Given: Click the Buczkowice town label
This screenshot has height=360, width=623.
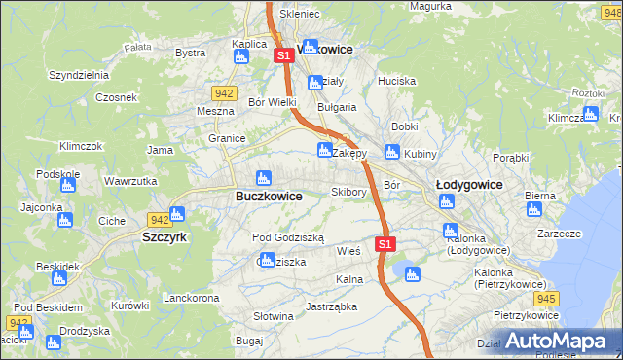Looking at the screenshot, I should (269, 196).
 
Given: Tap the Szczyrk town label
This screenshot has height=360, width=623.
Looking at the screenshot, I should (165, 236).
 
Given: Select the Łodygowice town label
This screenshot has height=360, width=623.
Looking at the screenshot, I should (469, 184).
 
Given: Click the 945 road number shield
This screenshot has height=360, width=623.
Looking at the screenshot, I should (546, 298).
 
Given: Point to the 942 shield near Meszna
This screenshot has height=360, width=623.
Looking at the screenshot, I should (223, 92).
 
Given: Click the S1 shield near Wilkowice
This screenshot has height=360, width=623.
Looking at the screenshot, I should (283, 56).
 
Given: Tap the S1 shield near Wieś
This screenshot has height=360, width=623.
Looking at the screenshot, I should (385, 243).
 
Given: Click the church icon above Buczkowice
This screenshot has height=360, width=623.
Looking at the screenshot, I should (262, 178).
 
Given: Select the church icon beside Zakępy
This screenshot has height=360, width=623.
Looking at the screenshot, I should (324, 150).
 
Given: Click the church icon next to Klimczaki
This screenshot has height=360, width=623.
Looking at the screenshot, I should (590, 116).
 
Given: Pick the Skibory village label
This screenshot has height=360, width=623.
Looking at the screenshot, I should (348, 192).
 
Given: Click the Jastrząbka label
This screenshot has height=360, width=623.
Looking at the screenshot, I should (331, 306).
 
